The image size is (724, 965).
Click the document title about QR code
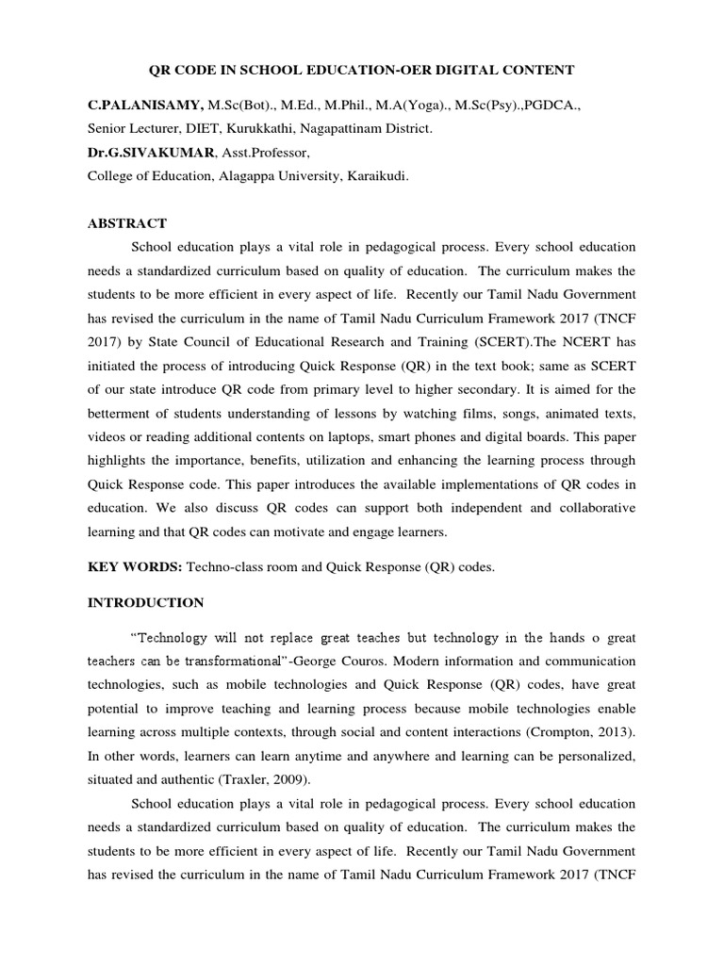pos(363,70)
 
